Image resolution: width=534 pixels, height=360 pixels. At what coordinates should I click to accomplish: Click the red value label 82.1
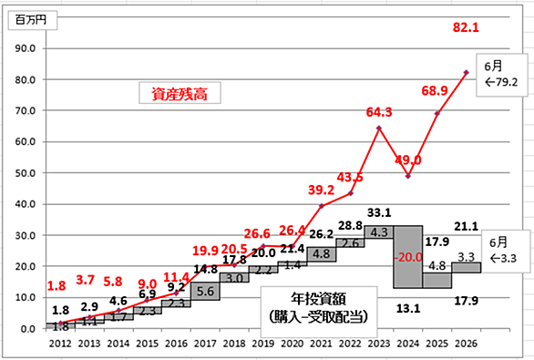(466, 27)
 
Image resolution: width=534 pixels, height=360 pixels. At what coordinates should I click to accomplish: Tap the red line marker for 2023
(379, 129)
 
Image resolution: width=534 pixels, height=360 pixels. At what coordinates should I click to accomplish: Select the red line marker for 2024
(408, 176)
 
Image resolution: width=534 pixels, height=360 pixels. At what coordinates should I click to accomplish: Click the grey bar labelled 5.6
(205, 292)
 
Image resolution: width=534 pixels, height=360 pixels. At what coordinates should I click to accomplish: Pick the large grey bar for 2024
(408, 257)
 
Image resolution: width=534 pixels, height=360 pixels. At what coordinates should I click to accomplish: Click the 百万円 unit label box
(33, 20)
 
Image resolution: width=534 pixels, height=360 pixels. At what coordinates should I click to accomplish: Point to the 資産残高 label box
(180, 93)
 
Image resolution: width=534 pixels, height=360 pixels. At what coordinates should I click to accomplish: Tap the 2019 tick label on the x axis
(263, 344)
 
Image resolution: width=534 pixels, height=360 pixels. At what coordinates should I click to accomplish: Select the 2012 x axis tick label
(60, 344)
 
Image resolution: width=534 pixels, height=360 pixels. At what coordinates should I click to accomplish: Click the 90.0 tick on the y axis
(26, 48)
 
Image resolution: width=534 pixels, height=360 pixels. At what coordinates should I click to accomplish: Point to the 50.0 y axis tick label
(26, 173)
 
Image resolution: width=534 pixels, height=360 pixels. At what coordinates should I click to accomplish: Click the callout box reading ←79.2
(501, 75)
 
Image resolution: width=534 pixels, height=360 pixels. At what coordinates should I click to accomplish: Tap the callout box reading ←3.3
(506, 252)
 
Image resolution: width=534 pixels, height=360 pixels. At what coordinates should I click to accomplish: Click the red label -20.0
(408, 257)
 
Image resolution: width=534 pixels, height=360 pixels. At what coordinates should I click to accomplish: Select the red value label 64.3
(379, 112)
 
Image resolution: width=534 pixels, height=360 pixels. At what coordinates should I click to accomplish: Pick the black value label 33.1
(379, 213)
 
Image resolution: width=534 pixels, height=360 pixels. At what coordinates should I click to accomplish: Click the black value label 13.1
(408, 309)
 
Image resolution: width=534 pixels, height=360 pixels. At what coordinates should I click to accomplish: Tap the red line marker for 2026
(466, 73)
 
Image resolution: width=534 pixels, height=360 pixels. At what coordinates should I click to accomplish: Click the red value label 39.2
(321, 190)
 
